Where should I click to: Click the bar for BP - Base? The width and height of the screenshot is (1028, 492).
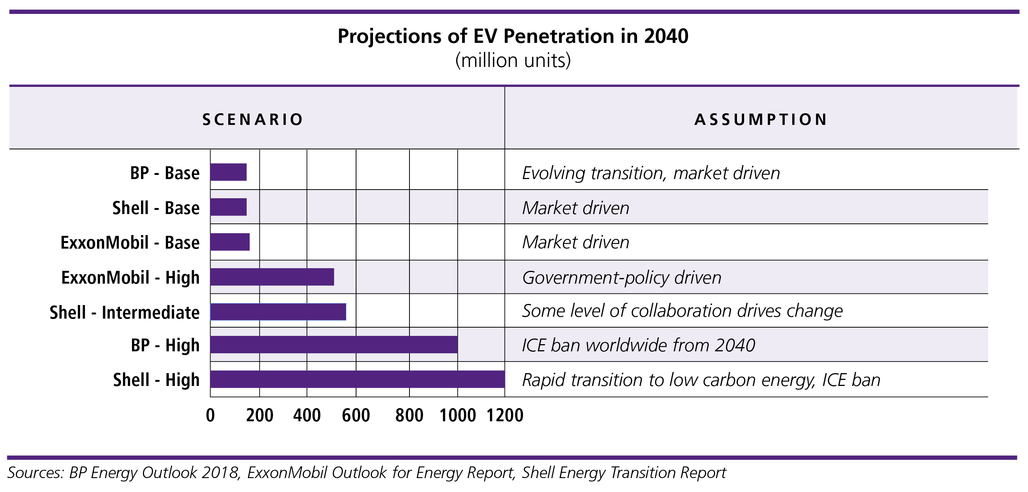[228, 172]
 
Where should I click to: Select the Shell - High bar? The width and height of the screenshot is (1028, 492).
[358, 379]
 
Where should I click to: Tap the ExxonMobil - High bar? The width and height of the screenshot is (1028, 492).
[272, 277]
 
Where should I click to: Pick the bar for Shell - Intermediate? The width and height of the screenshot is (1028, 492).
[278, 312]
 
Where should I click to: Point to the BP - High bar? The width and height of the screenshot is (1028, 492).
[334, 345]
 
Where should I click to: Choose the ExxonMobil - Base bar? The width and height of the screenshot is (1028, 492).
[230, 242]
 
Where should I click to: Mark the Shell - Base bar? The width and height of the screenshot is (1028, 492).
[228, 207]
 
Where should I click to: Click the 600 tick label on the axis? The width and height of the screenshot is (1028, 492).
[356, 415]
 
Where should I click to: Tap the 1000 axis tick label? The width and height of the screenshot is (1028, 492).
[458, 415]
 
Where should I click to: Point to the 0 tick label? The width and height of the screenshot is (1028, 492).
[210, 415]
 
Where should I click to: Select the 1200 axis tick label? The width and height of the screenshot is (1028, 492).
[505, 415]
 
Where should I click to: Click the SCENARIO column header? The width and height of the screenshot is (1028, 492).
[253, 119]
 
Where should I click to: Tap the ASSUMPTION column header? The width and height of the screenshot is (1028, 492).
[761, 119]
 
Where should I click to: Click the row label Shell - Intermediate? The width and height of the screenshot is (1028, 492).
[124, 312]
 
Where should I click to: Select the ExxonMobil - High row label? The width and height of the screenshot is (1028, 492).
[130, 278]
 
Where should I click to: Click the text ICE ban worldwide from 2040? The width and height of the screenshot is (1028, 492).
[638, 345]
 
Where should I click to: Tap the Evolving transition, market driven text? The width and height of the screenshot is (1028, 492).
[651, 173]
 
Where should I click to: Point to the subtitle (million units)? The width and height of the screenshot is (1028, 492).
[513, 60]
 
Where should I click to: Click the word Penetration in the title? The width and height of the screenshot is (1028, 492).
[559, 36]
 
